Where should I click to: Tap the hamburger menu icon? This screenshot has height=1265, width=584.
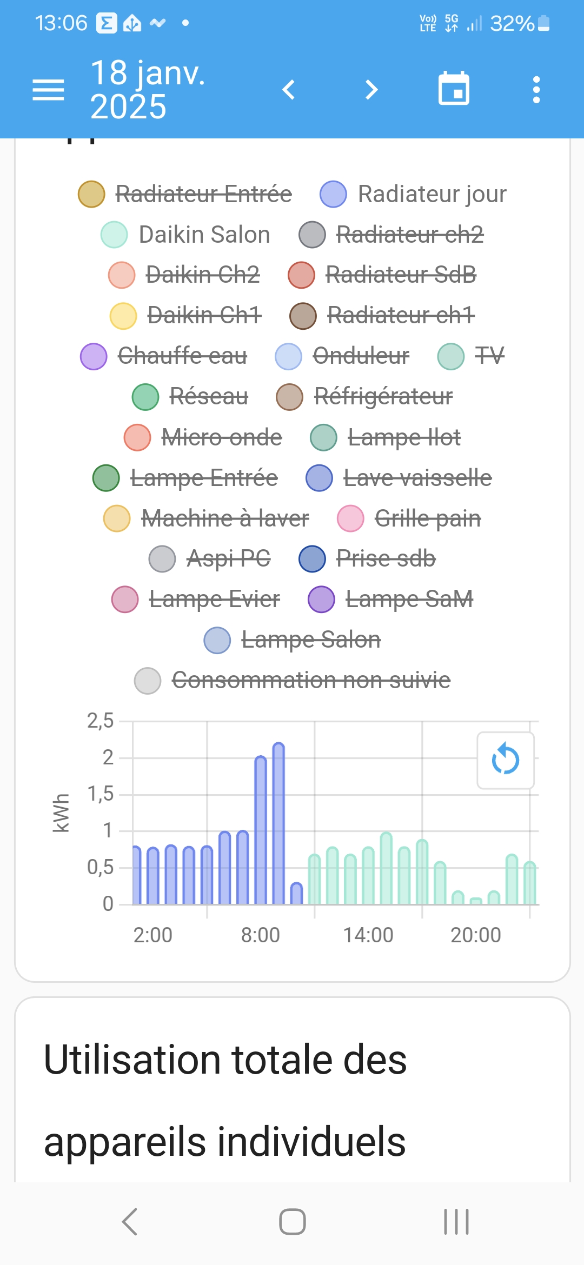click(48, 90)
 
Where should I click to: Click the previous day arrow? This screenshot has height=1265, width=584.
click(289, 90)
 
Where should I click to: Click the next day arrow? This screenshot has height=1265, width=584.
click(371, 90)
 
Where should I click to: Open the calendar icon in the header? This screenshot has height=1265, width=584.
click(454, 89)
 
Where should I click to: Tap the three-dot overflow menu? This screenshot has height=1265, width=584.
click(536, 90)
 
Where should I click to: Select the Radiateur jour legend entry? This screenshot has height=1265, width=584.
click(432, 194)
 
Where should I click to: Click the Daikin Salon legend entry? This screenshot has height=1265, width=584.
click(204, 235)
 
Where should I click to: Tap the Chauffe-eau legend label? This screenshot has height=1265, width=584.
click(182, 356)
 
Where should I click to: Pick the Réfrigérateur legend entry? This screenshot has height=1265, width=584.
click(383, 396)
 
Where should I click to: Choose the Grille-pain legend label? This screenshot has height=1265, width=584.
click(427, 518)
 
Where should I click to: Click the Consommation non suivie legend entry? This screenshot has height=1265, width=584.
click(310, 680)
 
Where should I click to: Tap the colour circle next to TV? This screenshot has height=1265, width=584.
click(451, 356)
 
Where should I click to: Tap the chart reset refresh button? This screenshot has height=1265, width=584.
click(506, 760)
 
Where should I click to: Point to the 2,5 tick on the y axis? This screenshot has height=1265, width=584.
click(101, 721)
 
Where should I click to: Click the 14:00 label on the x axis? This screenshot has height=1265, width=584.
click(368, 935)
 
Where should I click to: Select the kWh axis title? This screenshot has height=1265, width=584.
click(61, 813)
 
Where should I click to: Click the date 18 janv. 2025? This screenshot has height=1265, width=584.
click(148, 90)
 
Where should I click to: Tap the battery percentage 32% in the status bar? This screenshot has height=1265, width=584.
click(512, 23)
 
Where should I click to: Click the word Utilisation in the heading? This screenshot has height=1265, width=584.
click(132, 1060)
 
